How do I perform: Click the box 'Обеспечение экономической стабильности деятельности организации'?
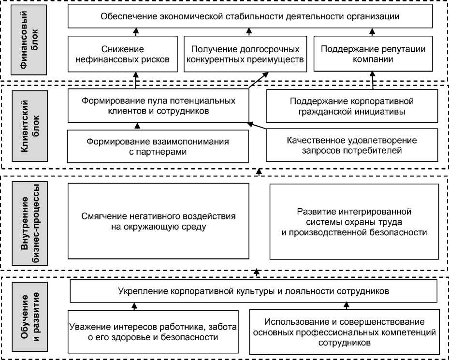point(250,16)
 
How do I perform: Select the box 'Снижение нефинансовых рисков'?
point(123,55)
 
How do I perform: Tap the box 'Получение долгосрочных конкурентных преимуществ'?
point(246,55)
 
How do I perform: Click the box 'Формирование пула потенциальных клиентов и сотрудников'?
point(158,106)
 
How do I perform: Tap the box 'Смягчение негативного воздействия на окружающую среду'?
point(158,221)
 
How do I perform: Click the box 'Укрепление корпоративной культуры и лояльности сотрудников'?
point(253,292)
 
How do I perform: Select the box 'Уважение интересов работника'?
point(153,331)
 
